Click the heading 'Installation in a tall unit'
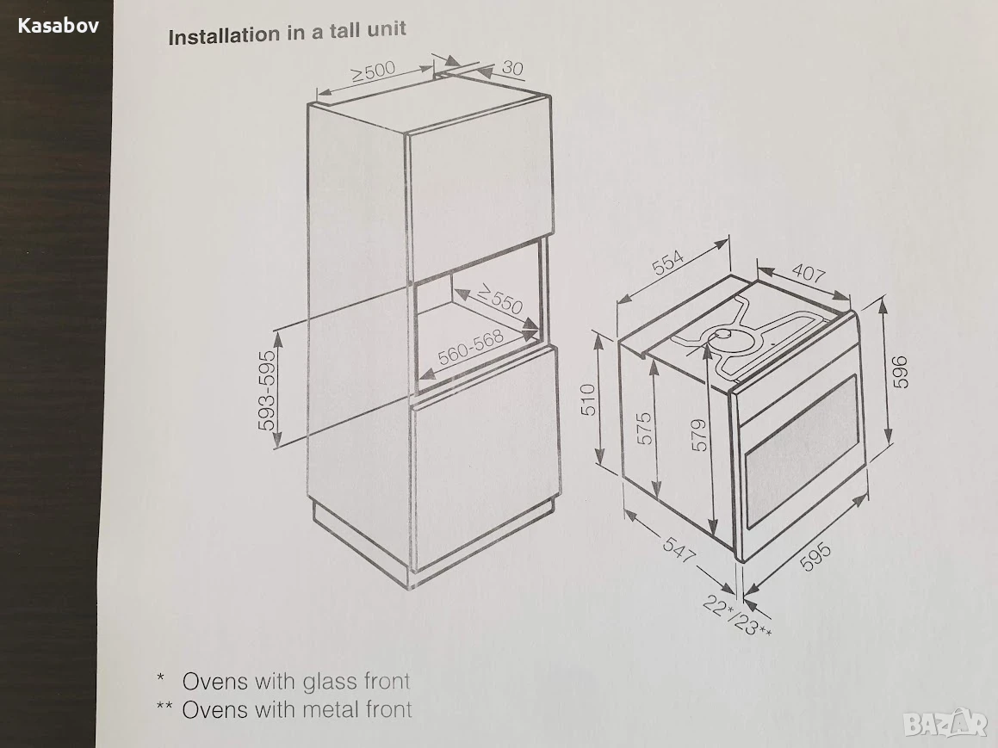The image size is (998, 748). coord(287,33)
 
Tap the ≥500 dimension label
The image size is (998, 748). coord(374,71)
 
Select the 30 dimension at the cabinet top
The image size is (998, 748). coord(512,67)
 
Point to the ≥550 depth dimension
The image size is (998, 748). coord(500,299)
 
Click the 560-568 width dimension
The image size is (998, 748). coord(470,348)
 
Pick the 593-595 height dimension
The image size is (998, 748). coord(268,390)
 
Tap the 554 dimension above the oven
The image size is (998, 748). coord(667,262)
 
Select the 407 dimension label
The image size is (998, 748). coord(809,273)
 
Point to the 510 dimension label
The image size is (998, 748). coord(589,399)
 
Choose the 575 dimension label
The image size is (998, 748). coord(645,428)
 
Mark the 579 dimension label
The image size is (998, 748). coord(699,435)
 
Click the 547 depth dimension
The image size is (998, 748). coord(679,549)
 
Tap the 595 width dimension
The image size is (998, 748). coord(815,556)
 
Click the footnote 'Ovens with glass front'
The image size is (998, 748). coord(296,681)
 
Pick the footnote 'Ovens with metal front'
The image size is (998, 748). coord(297,709)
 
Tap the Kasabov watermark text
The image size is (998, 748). coord(58,26)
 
